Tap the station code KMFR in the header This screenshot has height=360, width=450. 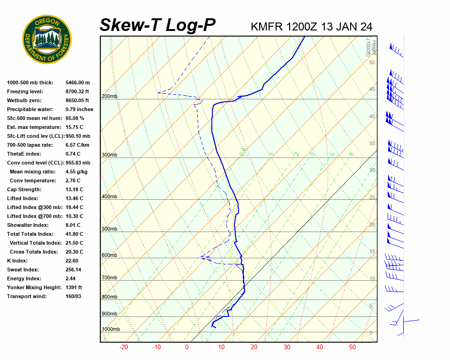[267, 26]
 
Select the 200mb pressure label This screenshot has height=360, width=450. [109, 97]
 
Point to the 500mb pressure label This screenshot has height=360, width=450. [109, 229]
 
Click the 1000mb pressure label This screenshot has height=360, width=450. [111, 330]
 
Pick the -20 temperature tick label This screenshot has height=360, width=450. [124, 347]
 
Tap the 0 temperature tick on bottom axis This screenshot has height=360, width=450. [187, 347]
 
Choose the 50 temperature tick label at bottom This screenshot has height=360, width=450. [352, 347]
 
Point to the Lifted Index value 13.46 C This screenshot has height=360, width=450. [75, 198]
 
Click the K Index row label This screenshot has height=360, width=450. [18, 261]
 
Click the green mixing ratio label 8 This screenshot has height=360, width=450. [351, 154]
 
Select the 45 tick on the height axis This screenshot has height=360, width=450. [372, 90]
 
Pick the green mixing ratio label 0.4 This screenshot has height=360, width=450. [242, 152]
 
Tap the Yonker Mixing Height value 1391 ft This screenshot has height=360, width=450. [74, 287]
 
